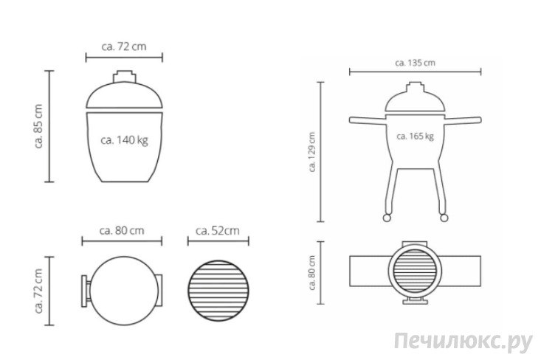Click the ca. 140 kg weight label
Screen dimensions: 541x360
coord(124,140)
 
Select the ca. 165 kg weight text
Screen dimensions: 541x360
coord(415,136)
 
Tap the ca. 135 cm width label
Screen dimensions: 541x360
coord(415,63)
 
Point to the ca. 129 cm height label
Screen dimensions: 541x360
coord(312,152)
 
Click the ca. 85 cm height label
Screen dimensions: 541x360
coord(38,126)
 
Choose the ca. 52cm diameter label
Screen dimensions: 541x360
coord(218,231)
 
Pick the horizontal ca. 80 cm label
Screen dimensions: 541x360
coord(122,230)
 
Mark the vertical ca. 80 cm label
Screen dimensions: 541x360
coord(312,272)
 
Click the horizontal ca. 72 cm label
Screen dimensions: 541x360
coord(124,46)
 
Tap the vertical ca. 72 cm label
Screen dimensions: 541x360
coord(38,291)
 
